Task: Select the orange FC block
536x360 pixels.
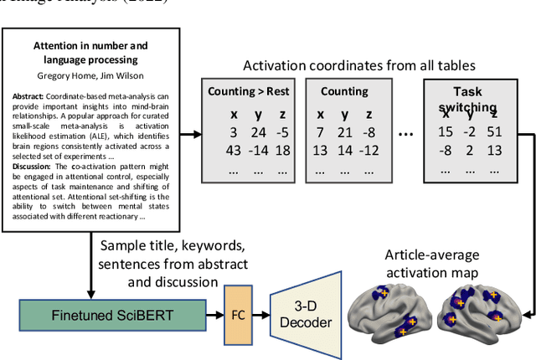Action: pos(237,316)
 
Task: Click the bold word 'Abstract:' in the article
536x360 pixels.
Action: pos(28,96)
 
